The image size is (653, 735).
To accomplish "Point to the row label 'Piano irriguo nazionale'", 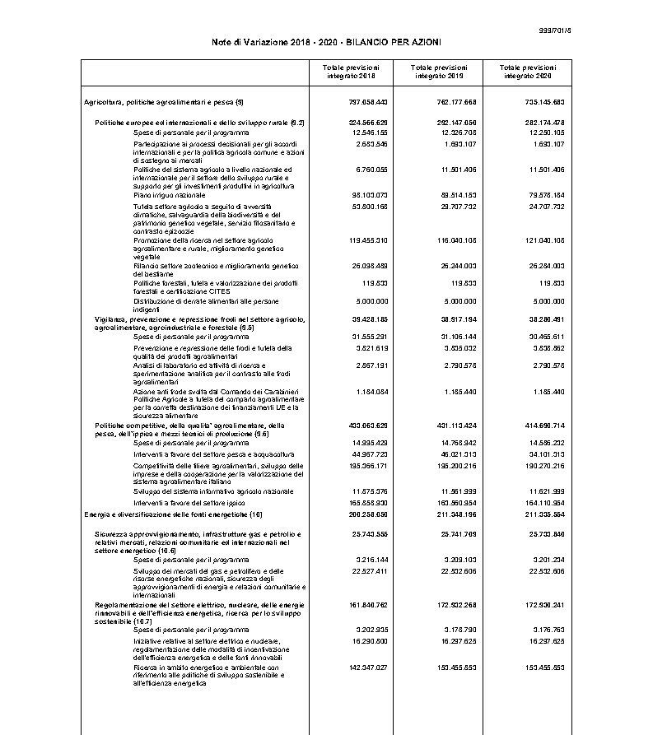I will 170,194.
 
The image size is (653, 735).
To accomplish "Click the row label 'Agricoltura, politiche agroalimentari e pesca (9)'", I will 164,102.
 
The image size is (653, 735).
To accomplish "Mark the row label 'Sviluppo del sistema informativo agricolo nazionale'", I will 213,491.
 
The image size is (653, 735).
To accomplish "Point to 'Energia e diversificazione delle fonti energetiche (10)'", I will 173,514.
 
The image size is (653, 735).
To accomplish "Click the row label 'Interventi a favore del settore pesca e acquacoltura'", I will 213,454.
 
